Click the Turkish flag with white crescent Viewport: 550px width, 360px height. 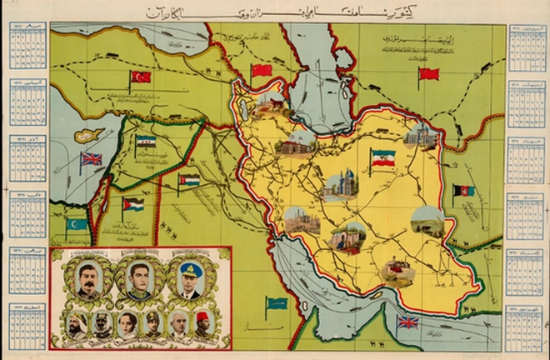pos(141,77)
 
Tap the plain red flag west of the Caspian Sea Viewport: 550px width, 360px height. pos(262,70)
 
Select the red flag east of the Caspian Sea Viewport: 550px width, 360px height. pos(429,74)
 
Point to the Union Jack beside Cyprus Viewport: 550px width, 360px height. pos(91,158)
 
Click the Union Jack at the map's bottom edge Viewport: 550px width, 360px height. pos(408,321)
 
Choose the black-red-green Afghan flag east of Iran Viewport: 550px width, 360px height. pos(463,190)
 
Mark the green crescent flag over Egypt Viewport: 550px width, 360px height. pos(77,224)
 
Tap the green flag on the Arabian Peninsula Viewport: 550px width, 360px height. pos(277,303)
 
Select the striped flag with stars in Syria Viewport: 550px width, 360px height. pos(147,142)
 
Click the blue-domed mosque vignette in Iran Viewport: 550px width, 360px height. pos(342,187)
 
